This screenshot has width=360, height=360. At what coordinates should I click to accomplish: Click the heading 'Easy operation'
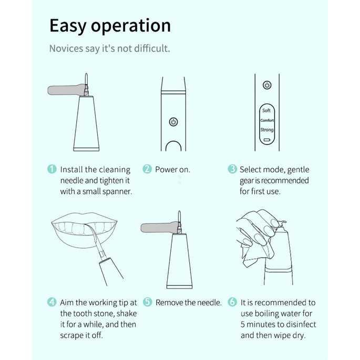pyautogui.click(x=110, y=26)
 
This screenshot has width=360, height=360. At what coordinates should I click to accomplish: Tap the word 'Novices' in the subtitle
pyautogui.click(x=66, y=48)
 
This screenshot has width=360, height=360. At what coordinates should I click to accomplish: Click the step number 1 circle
pyautogui.click(x=52, y=169)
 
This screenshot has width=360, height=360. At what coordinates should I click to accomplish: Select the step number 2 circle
pyautogui.click(x=147, y=169)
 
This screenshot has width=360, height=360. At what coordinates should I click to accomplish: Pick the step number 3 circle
pyautogui.click(x=232, y=169)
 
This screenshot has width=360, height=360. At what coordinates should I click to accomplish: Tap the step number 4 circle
pyautogui.click(x=52, y=302)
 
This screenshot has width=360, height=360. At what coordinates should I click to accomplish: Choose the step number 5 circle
pyautogui.click(x=147, y=302)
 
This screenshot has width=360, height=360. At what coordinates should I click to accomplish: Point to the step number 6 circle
pyautogui.click(x=232, y=302)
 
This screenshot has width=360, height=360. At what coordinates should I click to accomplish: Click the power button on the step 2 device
pyautogui.click(x=173, y=122)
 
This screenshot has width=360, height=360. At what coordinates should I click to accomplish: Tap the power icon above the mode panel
pyautogui.click(x=267, y=85)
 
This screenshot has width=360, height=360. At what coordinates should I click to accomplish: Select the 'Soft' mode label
pyautogui.click(x=266, y=110)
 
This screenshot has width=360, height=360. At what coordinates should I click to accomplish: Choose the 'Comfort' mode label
pyautogui.click(x=267, y=120)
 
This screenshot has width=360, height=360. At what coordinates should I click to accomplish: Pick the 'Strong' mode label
pyautogui.click(x=267, y=130)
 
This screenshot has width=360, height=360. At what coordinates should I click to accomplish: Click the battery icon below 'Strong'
pyautogui.click(x=267, y=140)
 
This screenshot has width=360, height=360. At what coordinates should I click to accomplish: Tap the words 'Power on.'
pyautogui.click(x=173, y=170)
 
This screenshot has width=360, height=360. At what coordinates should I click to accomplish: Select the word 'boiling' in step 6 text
pyautogui.click(x=269, y=314)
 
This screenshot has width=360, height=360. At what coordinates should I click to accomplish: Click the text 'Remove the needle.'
pyautogui.click(x=189, y=303)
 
